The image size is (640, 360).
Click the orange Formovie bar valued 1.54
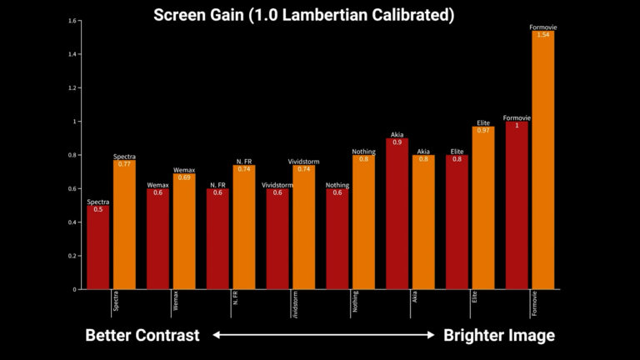coord(542,162)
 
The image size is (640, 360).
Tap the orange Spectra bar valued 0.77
coord(124,225)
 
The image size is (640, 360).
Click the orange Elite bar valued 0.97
coord(483,208)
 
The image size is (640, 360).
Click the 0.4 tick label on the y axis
coord(73,222)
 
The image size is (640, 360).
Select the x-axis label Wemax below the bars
coord(175,301)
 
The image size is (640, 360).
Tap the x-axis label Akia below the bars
coord(414,299)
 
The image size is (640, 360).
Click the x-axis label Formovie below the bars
coord(534,304)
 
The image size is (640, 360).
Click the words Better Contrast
coord(142,335)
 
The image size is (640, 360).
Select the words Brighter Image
coord(498,335)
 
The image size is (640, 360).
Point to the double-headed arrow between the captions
coord(321,336)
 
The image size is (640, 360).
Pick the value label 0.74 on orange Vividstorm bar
coord(303,169)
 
